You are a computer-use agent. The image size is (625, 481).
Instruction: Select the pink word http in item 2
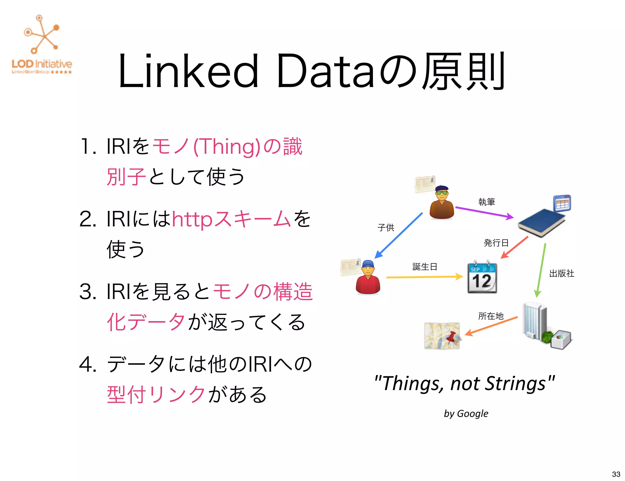click(x=192, y=219)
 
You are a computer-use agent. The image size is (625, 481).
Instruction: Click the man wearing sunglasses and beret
click(x=442, y=203)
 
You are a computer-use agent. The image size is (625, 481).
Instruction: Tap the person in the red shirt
click(x=368, y=277)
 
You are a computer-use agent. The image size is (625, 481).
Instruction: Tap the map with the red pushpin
click(x=442, y=336)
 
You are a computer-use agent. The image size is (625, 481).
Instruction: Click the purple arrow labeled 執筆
click(x=484, y=212)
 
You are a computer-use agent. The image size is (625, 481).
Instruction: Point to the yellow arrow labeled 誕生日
click(x=424, y=277)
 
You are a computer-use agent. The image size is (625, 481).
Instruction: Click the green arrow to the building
click(x=541, y=270)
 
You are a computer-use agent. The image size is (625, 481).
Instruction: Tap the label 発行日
click(x=496, y=243)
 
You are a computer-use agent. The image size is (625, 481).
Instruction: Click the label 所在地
click(x=491, y=316)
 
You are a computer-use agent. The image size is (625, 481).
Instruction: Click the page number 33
click(x=616, y=474)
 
